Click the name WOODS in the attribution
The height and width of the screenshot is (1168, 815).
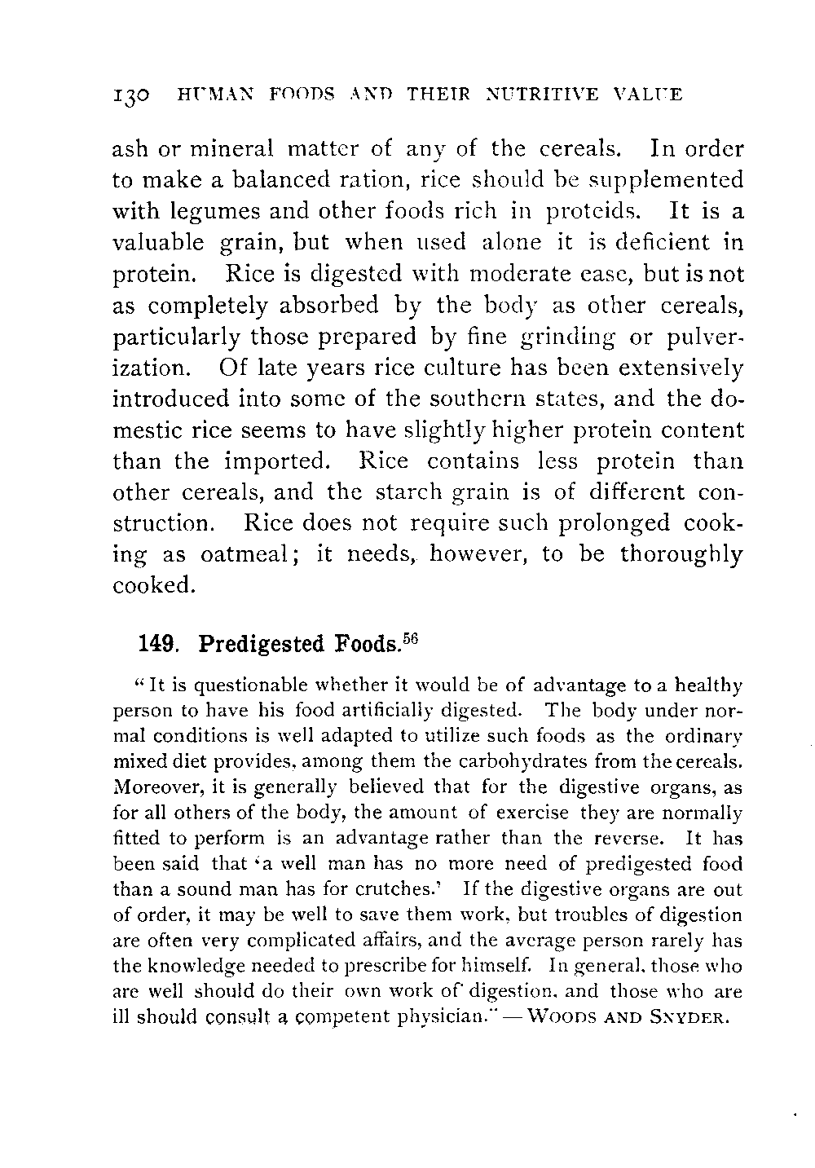coord(562,1019)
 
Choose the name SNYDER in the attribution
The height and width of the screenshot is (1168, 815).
coord(694,1019)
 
